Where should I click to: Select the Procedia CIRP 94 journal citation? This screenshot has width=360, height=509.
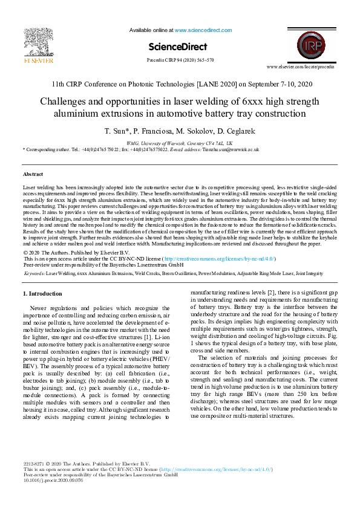tap(180, 60)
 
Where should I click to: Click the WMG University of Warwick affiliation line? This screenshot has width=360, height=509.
tap(180, 143)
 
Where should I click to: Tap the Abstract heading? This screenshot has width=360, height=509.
tap(33, 173)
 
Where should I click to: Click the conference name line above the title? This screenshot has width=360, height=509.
tap(180, 83)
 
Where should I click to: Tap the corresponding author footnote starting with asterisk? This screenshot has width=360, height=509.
tap(141, 149)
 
